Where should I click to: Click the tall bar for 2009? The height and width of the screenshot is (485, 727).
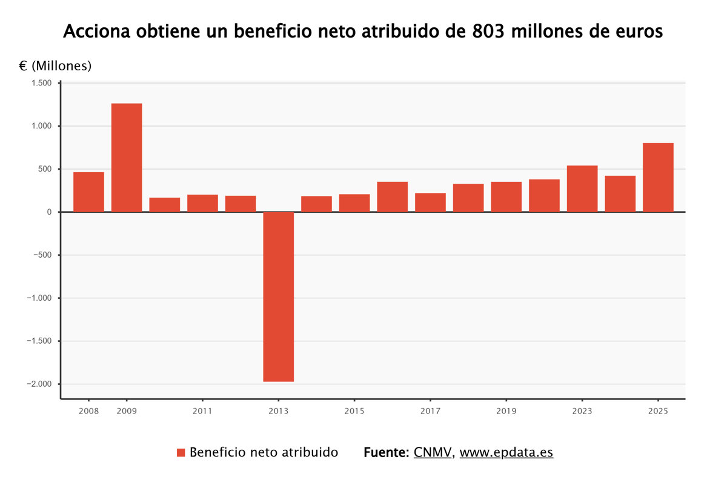click(x=127, y=158)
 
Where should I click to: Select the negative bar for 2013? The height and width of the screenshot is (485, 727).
click(x=278, y=296)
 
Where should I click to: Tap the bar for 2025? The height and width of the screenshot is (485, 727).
click(x=658, y=177)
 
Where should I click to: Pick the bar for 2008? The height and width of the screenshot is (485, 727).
click(x=88, y=192)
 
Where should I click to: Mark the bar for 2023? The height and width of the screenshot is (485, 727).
click(x=582, y=189)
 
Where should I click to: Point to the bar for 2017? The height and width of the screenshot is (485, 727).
click(x=430, y=202)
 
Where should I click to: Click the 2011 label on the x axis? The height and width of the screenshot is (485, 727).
click(x=202, y=411)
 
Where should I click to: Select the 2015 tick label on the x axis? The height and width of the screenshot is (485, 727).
click(x=354, y=411)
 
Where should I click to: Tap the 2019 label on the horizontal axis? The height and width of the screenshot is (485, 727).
click(x=506, y=411)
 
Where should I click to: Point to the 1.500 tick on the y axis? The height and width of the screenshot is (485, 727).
click(x=42, y=83)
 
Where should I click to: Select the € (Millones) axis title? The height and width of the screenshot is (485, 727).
click(x=55, y=66)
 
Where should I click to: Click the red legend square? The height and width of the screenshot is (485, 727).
click(x=181, y=452)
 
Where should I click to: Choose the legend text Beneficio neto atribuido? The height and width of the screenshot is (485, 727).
click(x=264, y=452)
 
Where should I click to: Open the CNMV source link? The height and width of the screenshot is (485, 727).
click(x=433, y=452)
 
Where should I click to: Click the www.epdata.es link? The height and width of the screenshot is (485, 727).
click(x=506, y=452)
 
